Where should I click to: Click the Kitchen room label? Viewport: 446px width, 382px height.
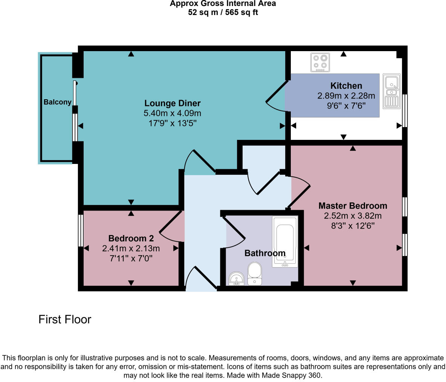[x=346, y=86]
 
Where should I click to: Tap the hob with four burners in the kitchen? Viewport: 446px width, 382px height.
[x=320, y=62]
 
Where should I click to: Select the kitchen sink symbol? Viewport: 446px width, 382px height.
[x=392, y=91]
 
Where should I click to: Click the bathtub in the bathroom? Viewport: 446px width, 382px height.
[x=285, y=241]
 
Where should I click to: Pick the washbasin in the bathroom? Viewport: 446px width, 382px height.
[x=237, y=279]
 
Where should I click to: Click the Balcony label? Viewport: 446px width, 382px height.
[x=57, y=102]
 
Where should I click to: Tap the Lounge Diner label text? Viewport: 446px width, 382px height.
[x=173, y=103]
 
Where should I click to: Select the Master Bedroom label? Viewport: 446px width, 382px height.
[x=353, y=206]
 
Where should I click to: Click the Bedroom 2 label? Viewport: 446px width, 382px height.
[x=131, y=238]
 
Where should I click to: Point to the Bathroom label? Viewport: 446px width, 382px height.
[x=265, y=253]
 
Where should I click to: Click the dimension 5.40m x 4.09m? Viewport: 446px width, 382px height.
[x=173, y=113]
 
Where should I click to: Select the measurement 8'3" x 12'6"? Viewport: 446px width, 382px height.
[x=353, y=226]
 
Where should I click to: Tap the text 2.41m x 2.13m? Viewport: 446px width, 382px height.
[x=131, y=249]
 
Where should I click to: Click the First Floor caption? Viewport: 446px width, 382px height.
[x=65, y=320]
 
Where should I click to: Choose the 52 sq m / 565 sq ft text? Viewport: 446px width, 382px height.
[x=223, y=12]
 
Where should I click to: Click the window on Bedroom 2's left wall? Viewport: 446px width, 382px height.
[x=80, y=230]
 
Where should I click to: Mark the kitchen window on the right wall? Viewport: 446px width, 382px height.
[x=405, y=111]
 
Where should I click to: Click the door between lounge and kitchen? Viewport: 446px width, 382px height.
[x=277, y=98]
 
